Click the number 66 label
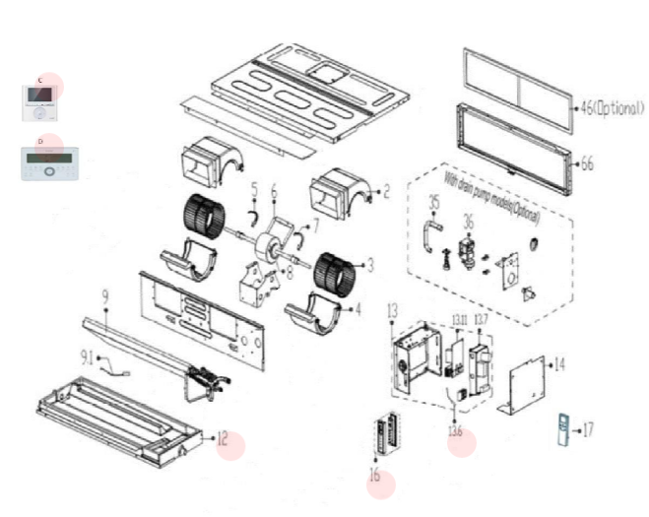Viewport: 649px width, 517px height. tap(587, 163)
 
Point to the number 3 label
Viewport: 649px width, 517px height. tap(370, 265)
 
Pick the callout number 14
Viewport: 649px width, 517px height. tap(559, 364)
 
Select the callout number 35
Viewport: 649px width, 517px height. tap(433, 203)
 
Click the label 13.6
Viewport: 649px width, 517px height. tap(455, 430)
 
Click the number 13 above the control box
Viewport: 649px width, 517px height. tap(392, 311)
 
